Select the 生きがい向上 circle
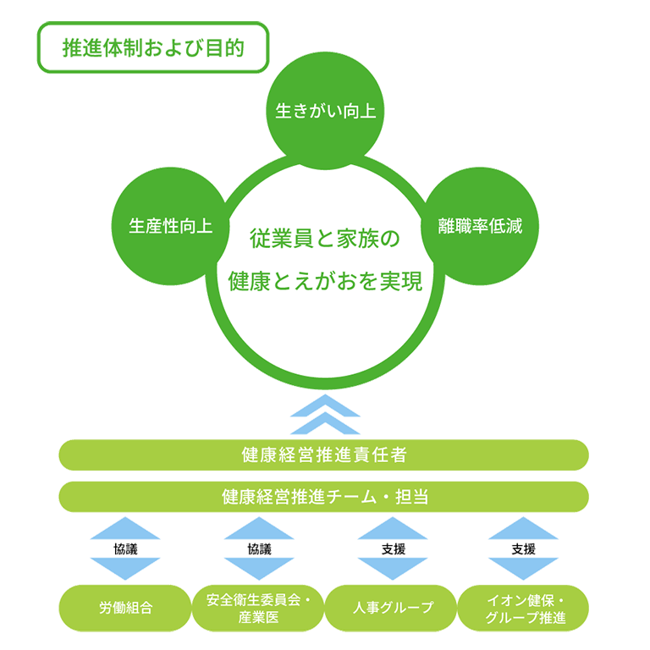(x=325, y=112)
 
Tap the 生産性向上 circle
(x=170, y=226)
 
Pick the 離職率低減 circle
(x=480, y=226)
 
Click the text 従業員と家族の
(x=324, y=240)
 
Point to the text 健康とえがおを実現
(x=325, y=282)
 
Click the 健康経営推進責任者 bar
(x=324, y=454)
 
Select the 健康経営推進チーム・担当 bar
(x=324, y=496)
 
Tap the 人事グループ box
(x=391, y=608)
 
